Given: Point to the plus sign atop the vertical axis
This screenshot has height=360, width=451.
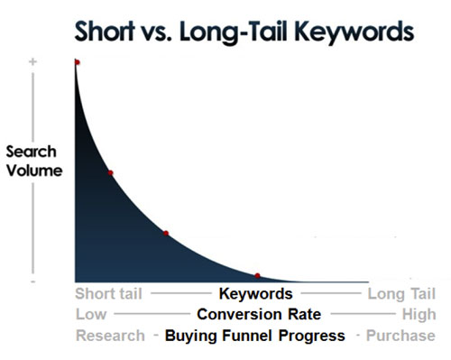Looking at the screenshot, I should pos(32,62).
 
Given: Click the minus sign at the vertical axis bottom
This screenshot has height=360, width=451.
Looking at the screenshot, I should pos(32,281).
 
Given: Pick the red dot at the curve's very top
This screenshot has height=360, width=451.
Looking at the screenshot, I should pos(77,62).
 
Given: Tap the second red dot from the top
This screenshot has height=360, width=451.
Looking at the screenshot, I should pos(110,172).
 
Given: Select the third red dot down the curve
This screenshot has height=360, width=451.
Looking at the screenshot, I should pos(166,234).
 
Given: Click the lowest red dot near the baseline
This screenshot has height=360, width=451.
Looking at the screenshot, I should pos(257,275).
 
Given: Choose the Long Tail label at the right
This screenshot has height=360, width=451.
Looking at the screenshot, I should pos(401,294).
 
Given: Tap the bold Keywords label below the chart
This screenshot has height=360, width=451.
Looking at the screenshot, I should pos(256,294).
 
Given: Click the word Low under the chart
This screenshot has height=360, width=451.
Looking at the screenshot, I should pos(90,315).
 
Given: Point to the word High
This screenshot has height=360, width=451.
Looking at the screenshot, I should pos(419,315).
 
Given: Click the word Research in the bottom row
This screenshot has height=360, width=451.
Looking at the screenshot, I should pos(109,336).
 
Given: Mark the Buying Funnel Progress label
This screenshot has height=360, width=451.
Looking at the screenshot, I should pos(254,336).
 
